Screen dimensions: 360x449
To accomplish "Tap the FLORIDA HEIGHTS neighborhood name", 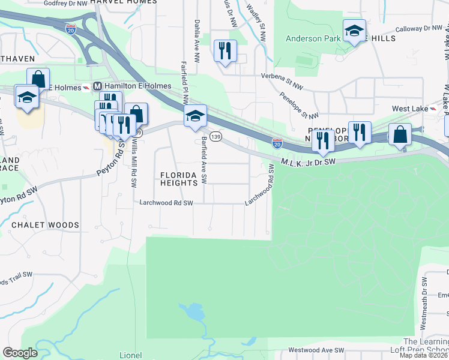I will click(178, 179).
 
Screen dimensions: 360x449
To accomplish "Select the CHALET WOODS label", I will click(45, 225).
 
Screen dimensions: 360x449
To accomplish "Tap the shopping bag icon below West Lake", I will click(400, 134).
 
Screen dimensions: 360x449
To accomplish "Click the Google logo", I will click(20, 353).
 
